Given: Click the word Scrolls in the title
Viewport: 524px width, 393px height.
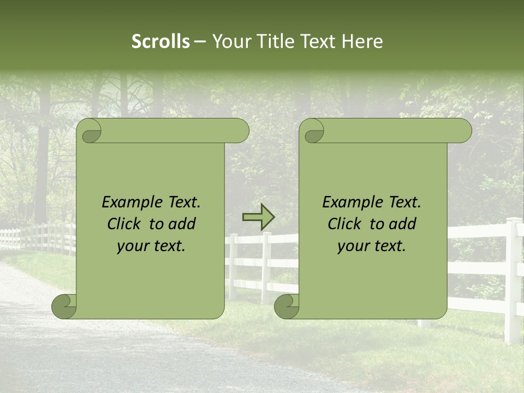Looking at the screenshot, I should (160, 41).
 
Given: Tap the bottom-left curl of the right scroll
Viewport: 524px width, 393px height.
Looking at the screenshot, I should (287, 306).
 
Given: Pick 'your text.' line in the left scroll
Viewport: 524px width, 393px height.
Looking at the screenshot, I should (151, 246).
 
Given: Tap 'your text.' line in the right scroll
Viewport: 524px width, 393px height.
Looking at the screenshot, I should (372, 246).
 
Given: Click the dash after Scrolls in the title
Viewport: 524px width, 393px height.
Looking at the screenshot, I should (200, 41).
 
